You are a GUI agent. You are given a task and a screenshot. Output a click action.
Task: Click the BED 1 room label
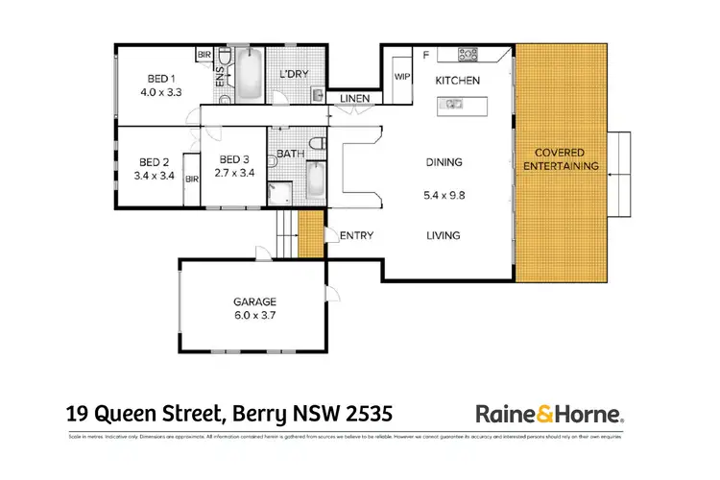[x=160, y=78]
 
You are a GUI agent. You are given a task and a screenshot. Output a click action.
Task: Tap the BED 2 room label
[x=154, y=162]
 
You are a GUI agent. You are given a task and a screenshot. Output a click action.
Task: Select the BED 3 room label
[x=235, y=160]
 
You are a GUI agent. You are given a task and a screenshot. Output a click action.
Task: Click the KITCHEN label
[x=458, y=81]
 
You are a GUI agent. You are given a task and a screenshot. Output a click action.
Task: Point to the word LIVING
[x=444, y=235]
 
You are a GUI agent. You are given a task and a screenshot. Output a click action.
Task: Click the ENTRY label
[x=356, y=235]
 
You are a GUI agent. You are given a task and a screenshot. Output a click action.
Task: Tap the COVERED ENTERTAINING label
[x=566, y=159]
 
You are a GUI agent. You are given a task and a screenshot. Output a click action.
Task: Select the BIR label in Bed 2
[x=191, y=179]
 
